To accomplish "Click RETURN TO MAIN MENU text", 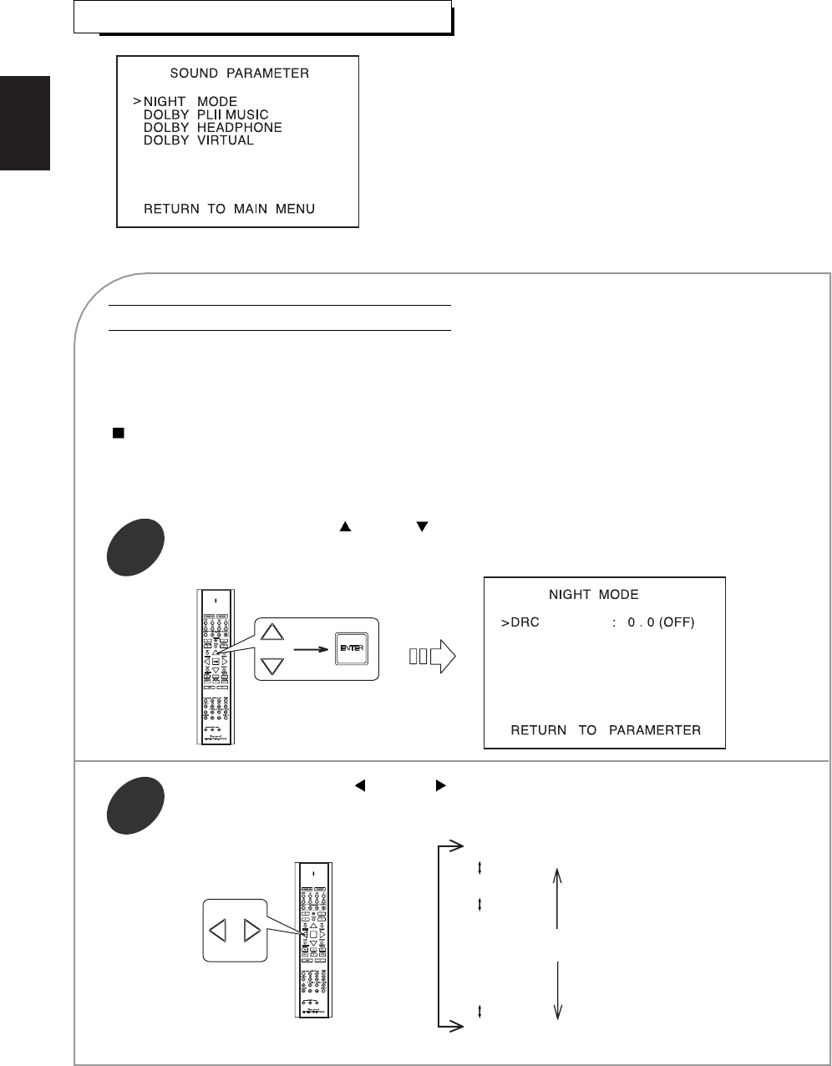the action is click(x=229, y=208).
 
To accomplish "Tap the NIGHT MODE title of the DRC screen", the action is click(x=593, y=595).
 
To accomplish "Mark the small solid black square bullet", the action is click(x=119, y=434).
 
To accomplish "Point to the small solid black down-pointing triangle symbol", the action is click(x=423, y=527).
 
